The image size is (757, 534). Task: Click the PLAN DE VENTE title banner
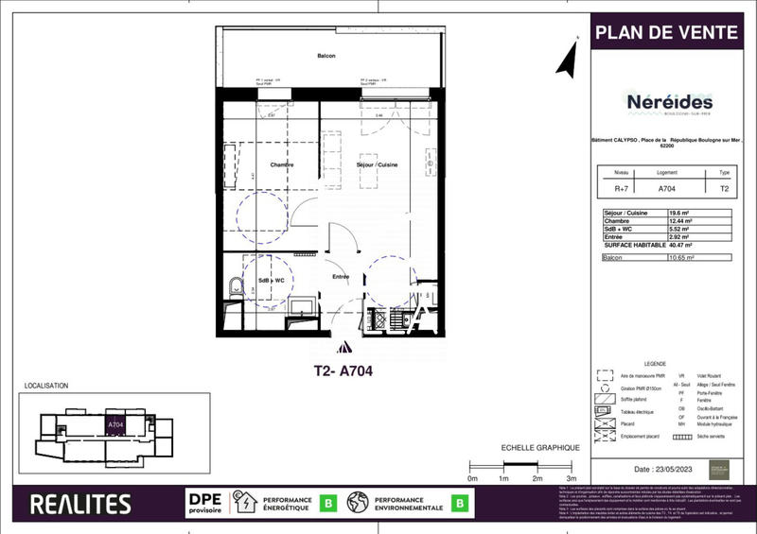tap(666, 33)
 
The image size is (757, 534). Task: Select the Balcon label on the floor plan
tap(326, 58)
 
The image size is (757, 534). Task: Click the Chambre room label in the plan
tap(281, 165)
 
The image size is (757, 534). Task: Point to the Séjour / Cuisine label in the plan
tap(378, 165)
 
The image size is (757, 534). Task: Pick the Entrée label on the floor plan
tap(341, 277)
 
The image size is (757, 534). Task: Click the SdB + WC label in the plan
tap(273, 282)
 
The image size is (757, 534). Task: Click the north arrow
tap(567, 59)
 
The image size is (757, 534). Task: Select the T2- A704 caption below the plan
tap(343, 371)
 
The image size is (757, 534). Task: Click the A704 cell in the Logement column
tap(666, 188)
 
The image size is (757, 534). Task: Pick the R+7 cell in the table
tap(621, 188)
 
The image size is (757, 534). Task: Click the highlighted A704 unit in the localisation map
tap(115, 425)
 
